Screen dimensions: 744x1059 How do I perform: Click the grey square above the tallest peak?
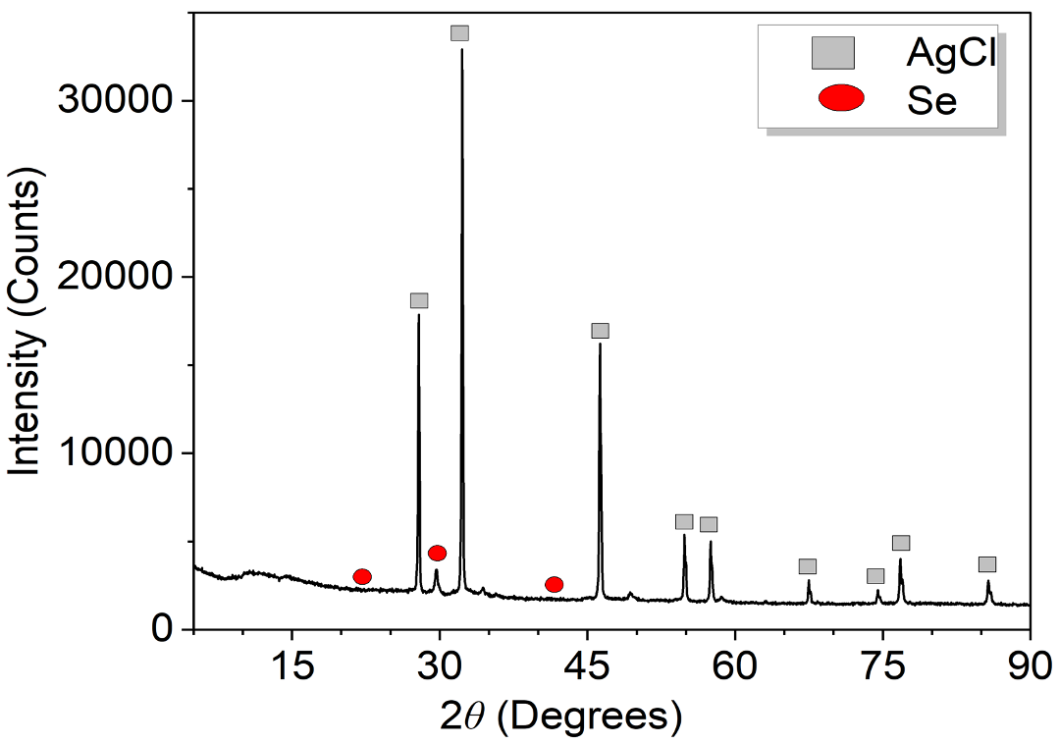(459, 33)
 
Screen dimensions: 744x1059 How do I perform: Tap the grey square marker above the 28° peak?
(419, 300)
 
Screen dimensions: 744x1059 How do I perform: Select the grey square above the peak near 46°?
(600, 331)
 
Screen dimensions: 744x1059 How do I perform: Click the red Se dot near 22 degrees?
(362, 576)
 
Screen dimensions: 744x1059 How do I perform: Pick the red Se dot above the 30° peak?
(437, 554)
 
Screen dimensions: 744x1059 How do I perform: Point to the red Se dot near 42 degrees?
(554, 585)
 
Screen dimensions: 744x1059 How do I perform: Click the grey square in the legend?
(833, 52)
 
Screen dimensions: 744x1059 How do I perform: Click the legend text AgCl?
(949, 53)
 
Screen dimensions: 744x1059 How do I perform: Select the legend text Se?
(931, 100)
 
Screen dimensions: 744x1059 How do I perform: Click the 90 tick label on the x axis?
(1029, 663)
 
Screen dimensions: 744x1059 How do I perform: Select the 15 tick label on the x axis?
(291, 663)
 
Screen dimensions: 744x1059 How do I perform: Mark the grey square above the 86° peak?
(987, 564)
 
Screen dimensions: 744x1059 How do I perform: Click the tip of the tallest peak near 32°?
(461, 49)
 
